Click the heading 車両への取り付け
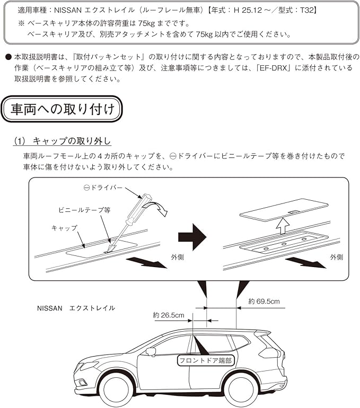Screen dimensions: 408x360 tap(63, 110)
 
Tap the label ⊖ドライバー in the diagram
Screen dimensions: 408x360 tap(103, 188)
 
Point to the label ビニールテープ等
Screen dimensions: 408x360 tap(85, 210)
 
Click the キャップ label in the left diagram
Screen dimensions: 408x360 tap(64, 228)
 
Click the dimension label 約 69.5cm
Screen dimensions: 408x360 tap(264, 301)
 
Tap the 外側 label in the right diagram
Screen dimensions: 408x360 tap(337, 257)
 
